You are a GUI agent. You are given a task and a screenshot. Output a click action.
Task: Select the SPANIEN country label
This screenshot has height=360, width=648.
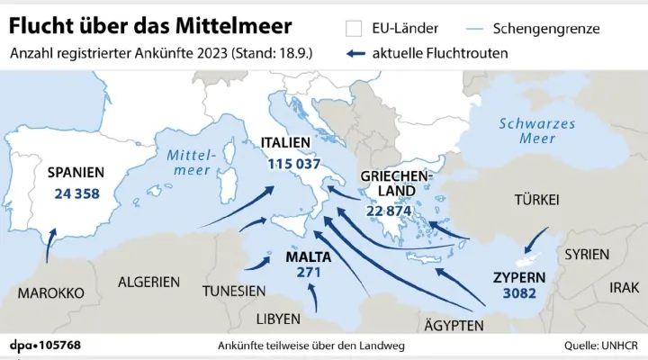point(76,172)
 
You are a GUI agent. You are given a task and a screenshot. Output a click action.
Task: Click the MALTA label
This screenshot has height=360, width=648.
point(308,256)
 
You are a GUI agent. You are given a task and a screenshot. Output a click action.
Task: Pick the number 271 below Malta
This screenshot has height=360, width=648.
point(309,273)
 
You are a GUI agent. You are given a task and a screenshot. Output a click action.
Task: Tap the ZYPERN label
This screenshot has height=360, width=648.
point(519,276)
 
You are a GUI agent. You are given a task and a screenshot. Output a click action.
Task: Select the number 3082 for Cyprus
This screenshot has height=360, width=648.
point(520,293)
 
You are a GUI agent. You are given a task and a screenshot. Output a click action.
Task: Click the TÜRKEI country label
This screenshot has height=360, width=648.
point(537,199)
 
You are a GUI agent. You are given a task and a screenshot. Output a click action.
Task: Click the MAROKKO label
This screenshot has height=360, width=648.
point(51,293)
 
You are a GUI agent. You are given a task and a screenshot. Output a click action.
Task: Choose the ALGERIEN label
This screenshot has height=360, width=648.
point(148,282)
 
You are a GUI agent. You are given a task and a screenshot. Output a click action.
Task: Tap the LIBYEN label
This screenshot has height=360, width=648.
point(279,319)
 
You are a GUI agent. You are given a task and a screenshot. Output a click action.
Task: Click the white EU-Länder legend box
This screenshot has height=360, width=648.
point(354,30)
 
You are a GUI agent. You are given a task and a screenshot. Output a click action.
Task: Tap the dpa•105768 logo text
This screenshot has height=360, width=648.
point(45,346)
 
